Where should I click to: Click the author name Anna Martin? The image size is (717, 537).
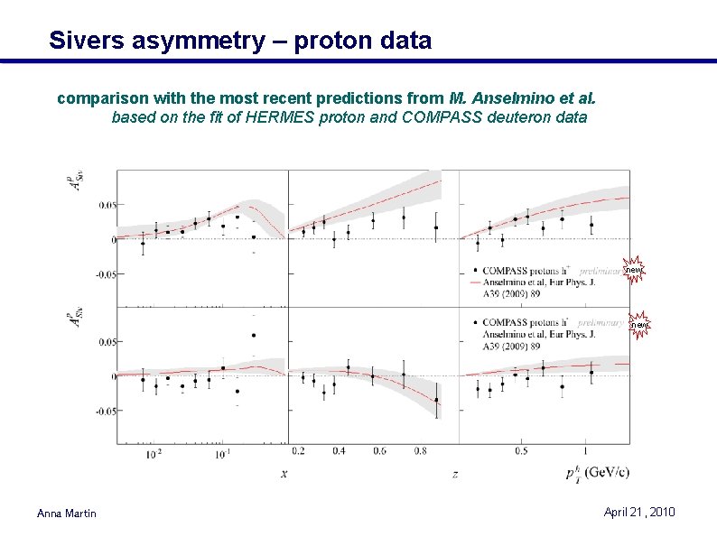coord(66,514)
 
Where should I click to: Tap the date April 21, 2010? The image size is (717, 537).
coord(638,513)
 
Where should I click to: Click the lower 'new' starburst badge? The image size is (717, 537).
coord(638,324)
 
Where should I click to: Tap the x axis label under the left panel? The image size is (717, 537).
coord(284,472)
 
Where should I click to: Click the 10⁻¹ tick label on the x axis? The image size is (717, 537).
coord(221,453)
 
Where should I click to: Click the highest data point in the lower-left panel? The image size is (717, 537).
coord(254,335)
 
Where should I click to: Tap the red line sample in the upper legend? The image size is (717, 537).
coord(476,282)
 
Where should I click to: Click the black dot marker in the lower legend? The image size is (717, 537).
coord(476,322)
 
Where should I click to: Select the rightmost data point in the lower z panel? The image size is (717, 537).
coord(436,400)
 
